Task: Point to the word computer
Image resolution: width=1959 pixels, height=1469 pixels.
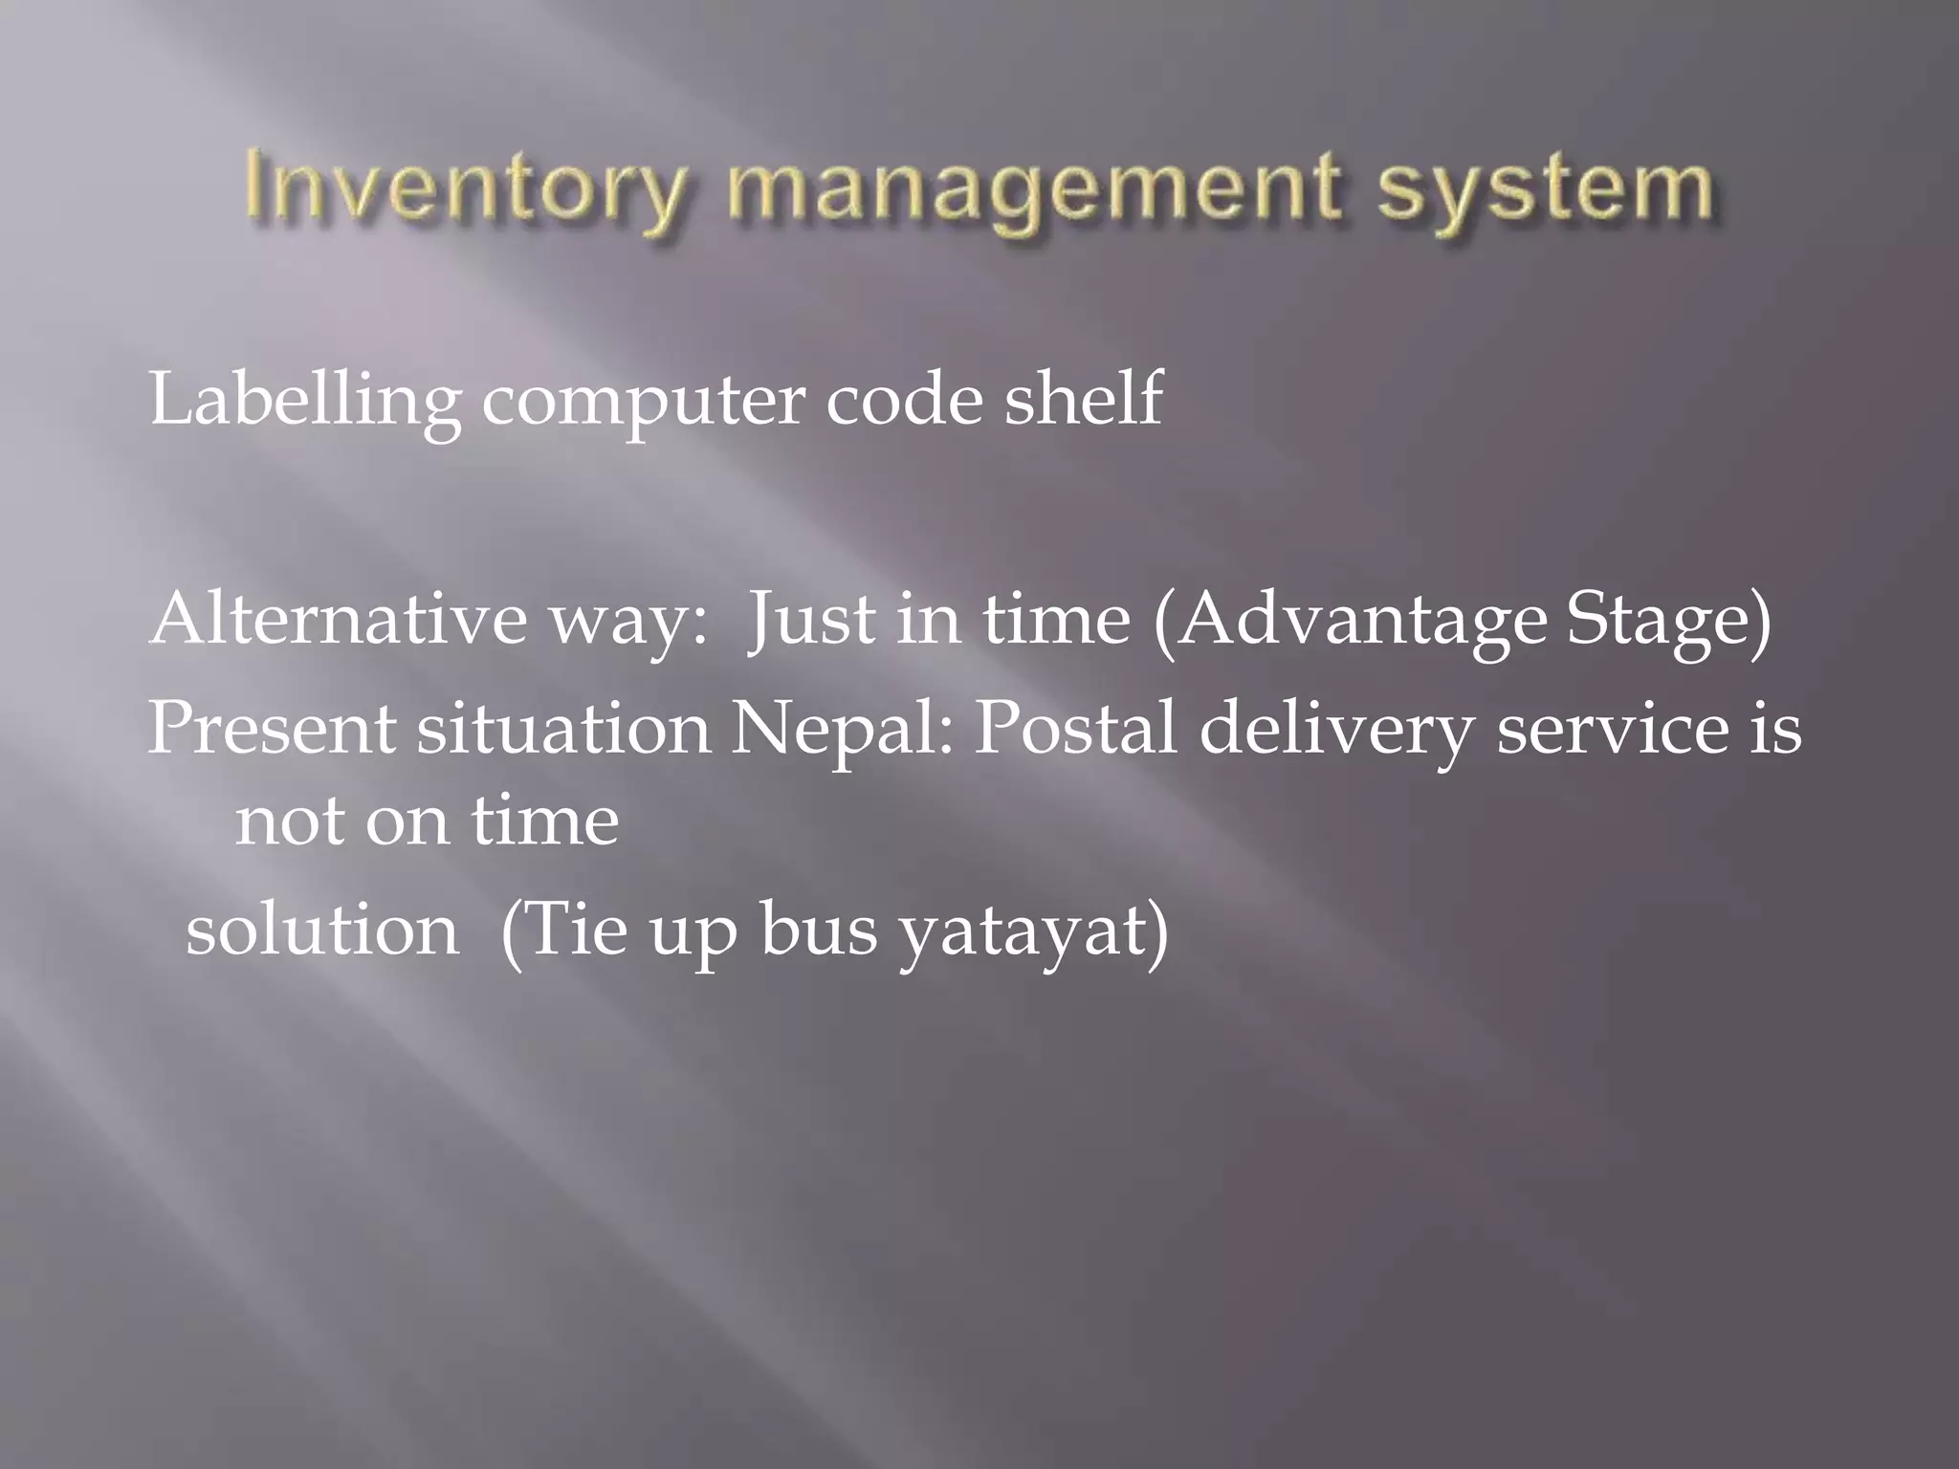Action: tap(643, 402)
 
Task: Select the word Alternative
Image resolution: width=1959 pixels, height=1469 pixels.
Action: tap(338, 619)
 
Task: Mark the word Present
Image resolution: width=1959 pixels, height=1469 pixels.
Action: tap(271, 729)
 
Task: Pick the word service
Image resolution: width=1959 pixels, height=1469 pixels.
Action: tap(1614, 729)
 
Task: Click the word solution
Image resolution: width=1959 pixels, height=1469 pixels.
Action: tap(322, 930)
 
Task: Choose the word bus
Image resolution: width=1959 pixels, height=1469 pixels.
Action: tap(819, 930)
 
